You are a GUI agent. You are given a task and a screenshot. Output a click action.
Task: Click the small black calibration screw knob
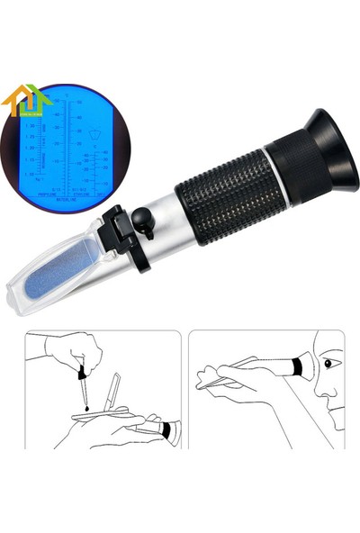pos(141,217)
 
